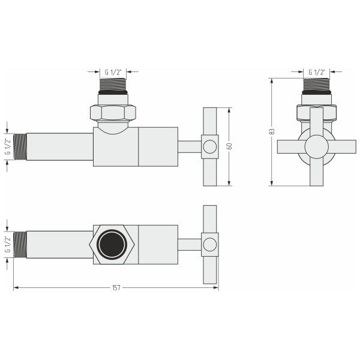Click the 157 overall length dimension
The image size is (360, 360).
[x=116, y=287]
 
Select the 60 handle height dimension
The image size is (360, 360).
[x=230, y=146]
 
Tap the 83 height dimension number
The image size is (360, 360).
[x=272, y=131]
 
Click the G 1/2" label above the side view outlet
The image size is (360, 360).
[x=114, y=72]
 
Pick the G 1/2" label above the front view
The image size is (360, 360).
[x=316, y=72]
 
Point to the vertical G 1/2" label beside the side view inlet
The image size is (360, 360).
[x=8, y=146]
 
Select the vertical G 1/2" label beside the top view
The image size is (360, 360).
[x=8, y=245]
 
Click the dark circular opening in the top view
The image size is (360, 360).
[x=114, y=244]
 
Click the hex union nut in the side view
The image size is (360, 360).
[x=114, y=112]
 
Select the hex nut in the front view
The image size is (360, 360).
[x=316, y=112]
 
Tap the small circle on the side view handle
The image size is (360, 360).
[x=209, y=146]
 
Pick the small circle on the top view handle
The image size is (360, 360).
[x=209, y=244]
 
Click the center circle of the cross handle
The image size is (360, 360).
[x=316, y=146]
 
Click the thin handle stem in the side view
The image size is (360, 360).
[x=190, y=146]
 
